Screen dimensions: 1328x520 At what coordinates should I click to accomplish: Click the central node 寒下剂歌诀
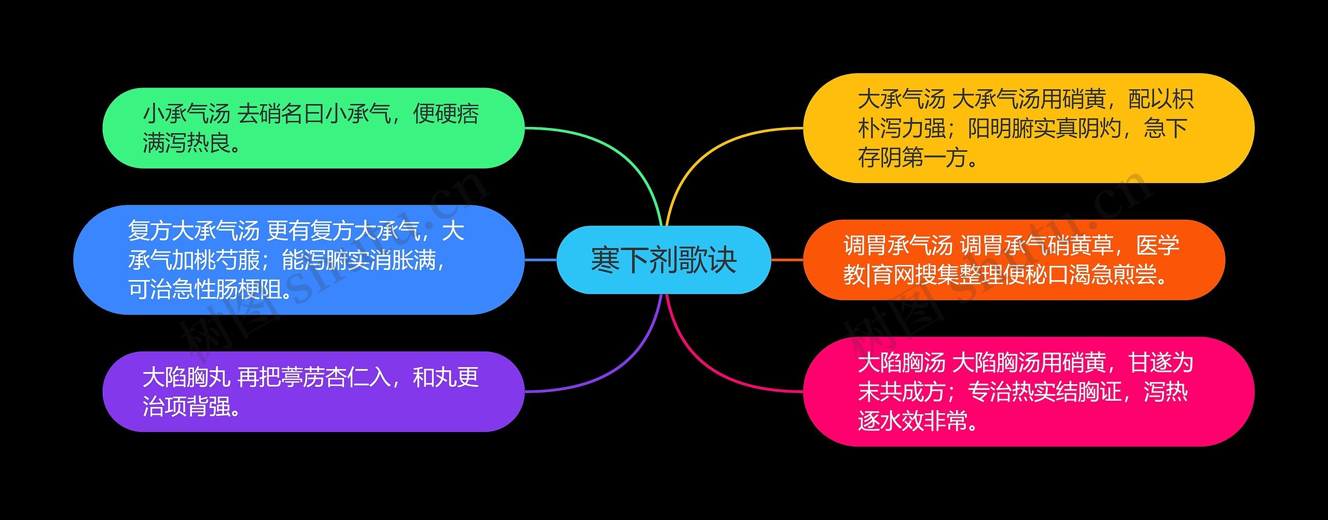663,260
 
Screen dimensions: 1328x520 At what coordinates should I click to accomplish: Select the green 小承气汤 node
313,128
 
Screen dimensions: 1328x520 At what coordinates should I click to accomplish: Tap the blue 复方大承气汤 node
299,260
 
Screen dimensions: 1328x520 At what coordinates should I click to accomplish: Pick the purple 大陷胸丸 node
313,391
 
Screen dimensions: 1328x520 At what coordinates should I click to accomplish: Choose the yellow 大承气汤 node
1029,128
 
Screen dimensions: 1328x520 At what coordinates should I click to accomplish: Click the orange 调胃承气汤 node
1014,260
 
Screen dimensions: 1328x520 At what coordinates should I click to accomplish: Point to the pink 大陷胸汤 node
1029,391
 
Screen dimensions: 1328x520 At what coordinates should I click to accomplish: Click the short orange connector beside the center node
787,260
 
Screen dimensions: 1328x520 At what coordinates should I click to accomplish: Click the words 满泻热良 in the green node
186,143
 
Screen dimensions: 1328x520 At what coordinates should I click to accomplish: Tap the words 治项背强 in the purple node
186,406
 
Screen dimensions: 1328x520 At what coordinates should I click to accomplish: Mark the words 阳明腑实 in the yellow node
1012,128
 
